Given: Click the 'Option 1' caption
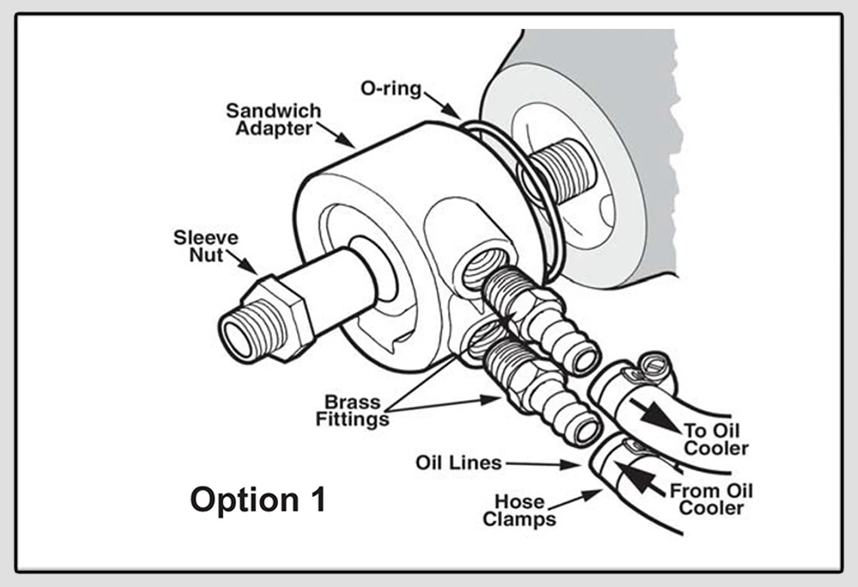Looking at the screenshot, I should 257,499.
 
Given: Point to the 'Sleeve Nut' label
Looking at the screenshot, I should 206,245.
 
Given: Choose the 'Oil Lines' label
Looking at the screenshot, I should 458,463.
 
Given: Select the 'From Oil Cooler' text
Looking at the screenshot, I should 710,499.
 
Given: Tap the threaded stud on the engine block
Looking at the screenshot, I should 562,170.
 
